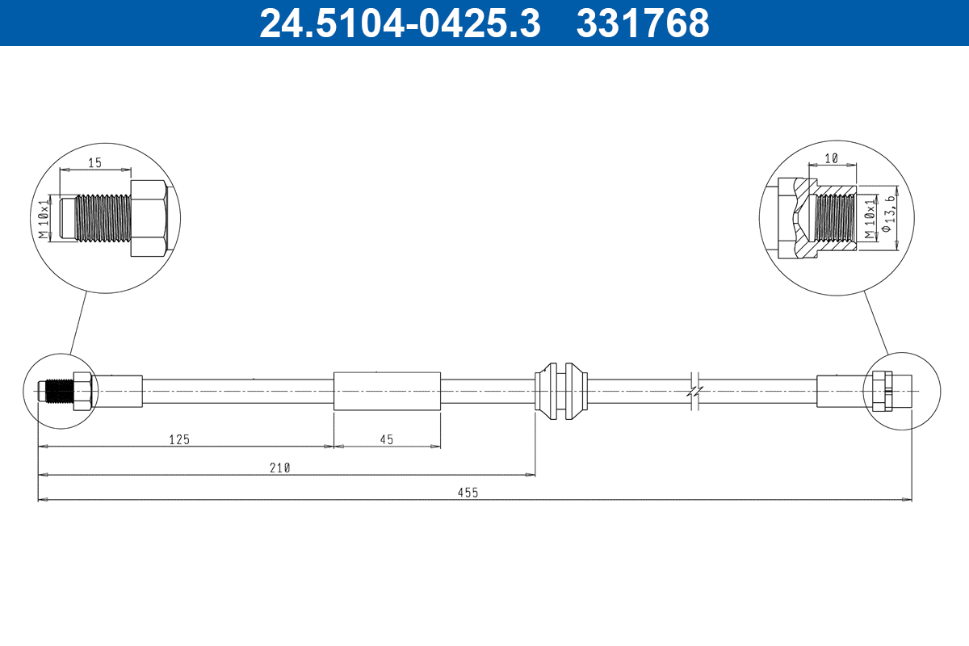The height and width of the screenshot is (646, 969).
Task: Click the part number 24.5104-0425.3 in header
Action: click(x=399, y=23)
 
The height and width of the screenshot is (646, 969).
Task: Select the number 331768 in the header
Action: click(x=643, y=23)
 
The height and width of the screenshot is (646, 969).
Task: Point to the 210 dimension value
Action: click(x=280, y=467)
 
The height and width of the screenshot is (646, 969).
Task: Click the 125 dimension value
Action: click(x=178, y=439)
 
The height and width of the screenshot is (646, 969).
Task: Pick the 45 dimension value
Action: click(x=387, y=439)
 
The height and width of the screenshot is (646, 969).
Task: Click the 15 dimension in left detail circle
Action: click(x=94, y=162)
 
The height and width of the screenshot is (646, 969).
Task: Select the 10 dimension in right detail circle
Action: click(x=832, y=157)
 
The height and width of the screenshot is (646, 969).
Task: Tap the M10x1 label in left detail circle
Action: click(x=45, y=218)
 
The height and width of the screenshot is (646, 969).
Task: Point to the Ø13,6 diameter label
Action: click(x=889, y=215)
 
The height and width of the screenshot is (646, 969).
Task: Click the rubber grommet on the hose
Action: click(x=560, y=391)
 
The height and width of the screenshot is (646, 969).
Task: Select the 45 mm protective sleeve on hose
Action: click(x=387, y=391)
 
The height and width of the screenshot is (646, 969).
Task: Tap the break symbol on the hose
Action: click(x=694, y=391)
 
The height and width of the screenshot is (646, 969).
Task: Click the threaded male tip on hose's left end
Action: click(x=57, y=391)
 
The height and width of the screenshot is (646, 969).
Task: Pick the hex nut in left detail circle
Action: click(x=149, y=218)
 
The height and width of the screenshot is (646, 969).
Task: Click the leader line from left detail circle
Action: click(x=78, y=323)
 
